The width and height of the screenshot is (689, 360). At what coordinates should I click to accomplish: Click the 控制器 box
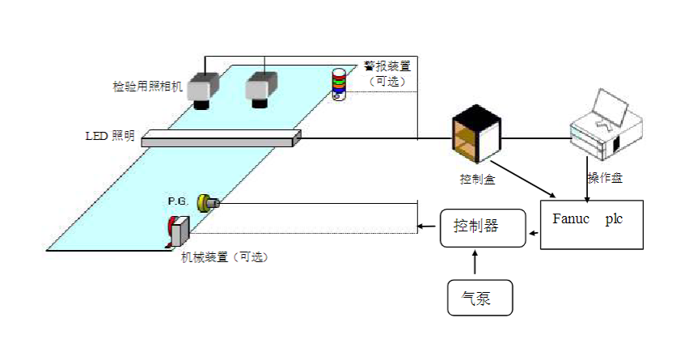point(483,227)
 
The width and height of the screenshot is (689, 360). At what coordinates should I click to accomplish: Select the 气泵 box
point(480,298)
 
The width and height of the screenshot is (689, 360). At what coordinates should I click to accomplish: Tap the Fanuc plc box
point(591,225)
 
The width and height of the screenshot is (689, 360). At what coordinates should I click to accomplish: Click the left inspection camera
point(202,90)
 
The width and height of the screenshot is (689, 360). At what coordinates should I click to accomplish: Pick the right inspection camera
point(261,90)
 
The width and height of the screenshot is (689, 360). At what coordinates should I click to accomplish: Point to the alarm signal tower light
point(339,84)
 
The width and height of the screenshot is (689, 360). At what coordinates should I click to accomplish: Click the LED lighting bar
point(221,138)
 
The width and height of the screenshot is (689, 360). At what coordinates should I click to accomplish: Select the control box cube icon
point(476,134)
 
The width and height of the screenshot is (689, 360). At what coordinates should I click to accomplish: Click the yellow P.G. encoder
point(208,203)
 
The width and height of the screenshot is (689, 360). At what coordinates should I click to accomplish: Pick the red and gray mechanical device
point(178,231)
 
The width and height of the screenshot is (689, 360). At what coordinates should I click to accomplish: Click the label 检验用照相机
point(148,86)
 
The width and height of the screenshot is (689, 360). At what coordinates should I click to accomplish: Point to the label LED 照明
point(110,136)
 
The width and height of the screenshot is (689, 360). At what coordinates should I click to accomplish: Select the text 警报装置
point(387,66)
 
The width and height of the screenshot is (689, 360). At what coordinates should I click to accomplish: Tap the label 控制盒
point(477,179)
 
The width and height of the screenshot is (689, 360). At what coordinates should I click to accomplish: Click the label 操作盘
point(605,178)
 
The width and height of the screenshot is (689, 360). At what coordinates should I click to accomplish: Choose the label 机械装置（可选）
point(225,257)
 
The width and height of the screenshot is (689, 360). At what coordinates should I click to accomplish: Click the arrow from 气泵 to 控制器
point(475,262)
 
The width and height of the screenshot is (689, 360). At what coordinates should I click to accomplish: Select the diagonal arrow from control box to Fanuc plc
point(526,180)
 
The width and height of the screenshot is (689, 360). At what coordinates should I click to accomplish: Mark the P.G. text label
point(178,201)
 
